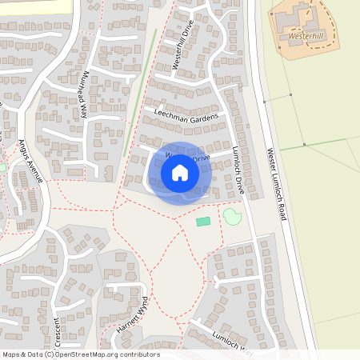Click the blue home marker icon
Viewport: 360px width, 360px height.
(x=180, y=172)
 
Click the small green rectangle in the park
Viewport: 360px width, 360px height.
(x=203, y=221)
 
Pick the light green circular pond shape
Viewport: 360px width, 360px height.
(x=232, y=216)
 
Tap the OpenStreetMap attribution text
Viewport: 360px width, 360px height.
(x=81, y=354)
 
